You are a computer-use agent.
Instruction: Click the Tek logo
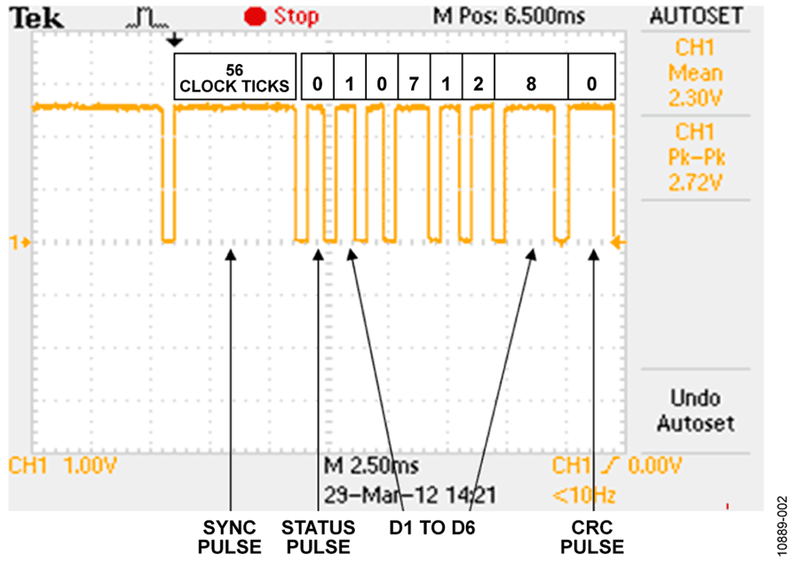click(x=37, y=19)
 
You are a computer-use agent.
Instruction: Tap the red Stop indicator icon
click(x=255, y=17)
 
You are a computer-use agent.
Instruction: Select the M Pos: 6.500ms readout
click(x=509, y=16)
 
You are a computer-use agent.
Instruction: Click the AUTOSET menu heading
click(x=696, y=16)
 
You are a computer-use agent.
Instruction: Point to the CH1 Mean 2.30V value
click(x=695, y=73)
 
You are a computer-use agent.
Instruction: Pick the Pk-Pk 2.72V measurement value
click(x=696, y=170)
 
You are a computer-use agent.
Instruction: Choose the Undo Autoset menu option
click(x=695, y=411)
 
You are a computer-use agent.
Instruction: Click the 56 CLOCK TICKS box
click(x=235, y=76)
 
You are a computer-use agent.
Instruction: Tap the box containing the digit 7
click(x=415, y=76)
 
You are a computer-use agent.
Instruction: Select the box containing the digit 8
click(x=531, y=76)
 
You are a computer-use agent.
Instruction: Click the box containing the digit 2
click(x=478, y=76)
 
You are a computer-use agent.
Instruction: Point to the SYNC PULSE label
click(x=229, y=537)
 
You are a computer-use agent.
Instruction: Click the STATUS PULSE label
click(x=318, y=537)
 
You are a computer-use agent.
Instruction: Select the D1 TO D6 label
click(x=432, y=528)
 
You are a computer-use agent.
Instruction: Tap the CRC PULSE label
click(x=591, y=537)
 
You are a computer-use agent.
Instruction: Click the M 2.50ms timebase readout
click(x=371, y=465)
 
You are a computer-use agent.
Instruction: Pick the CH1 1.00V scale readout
click(x=63, y=465)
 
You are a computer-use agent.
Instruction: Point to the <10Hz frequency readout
click(x=584, y=494)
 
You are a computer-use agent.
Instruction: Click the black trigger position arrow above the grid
click(x=175, y=40)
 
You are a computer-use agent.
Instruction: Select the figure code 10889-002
click(x=783, y=525)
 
